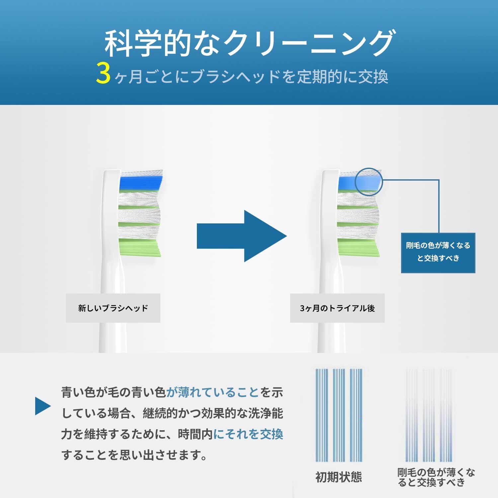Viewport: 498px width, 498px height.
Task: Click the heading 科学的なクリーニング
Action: [249, 43]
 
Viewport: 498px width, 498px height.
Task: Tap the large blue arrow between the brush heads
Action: [242, 236]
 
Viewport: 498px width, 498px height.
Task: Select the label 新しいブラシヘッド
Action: [113, 308]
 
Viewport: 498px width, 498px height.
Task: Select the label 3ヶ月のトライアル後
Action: [337, 308]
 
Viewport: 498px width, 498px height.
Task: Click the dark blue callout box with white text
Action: [438, 253]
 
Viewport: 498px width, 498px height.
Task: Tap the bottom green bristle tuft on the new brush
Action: [139, 247]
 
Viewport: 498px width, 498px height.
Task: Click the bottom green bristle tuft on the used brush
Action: [359, 247]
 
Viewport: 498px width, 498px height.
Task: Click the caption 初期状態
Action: [338, 477]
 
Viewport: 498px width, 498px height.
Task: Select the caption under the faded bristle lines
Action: [436, 477]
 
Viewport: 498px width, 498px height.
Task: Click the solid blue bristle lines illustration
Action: [338, 415]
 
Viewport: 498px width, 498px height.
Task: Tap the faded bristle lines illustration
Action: [428, 415]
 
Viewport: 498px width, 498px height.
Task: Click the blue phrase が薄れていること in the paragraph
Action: [212, 393]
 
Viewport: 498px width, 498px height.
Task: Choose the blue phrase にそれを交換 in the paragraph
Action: [248, 434]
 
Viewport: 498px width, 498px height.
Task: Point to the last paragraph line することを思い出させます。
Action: [134, 455]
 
